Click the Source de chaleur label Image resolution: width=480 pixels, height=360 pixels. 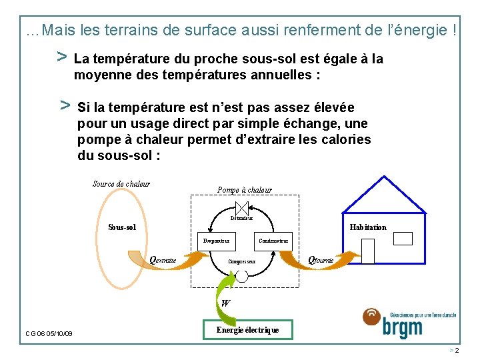click(121, 184)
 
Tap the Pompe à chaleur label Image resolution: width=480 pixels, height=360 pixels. click(245, 190)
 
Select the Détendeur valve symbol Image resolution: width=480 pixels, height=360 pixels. click(242, 207)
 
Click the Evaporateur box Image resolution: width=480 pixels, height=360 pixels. click(216, 241)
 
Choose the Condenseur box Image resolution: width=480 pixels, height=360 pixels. click(273, 241)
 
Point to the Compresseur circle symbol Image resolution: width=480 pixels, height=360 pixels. click(242, 276)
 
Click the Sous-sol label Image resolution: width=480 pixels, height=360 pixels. click(122, 227)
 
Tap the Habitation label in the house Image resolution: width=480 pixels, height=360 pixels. click(368, 227)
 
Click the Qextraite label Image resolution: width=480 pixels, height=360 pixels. click(163, 260)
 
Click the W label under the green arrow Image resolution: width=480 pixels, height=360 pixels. click(225, 303)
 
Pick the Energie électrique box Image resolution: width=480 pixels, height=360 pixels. click(247, 329)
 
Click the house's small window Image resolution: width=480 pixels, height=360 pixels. click(403, 239)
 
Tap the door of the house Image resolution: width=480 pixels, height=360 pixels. click(367, 251)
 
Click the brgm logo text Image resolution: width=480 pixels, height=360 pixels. click(403, 328)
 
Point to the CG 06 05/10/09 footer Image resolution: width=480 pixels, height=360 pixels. click(49, 333)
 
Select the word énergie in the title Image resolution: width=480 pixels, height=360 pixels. click(426, 30)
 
